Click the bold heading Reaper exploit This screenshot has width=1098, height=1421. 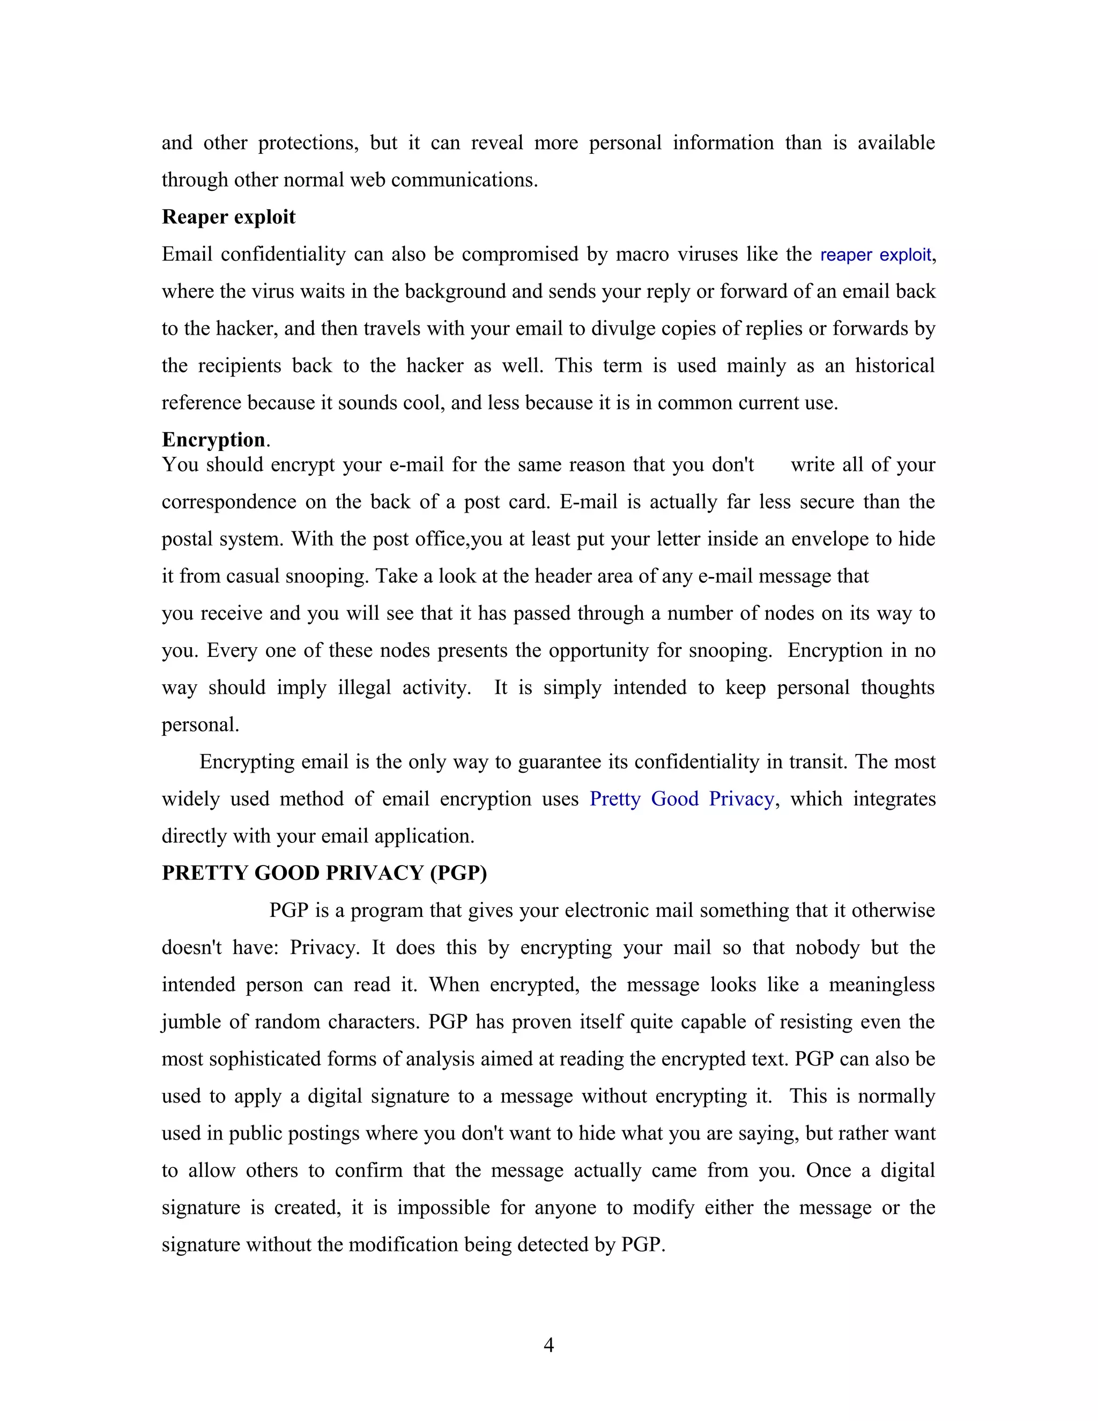228,217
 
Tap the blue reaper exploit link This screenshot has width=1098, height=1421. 876,254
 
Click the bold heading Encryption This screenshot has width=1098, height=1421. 213,440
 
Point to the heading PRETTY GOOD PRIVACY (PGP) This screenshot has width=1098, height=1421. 324,873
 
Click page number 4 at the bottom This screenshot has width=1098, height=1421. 548,1345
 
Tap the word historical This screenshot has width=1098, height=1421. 894,366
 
